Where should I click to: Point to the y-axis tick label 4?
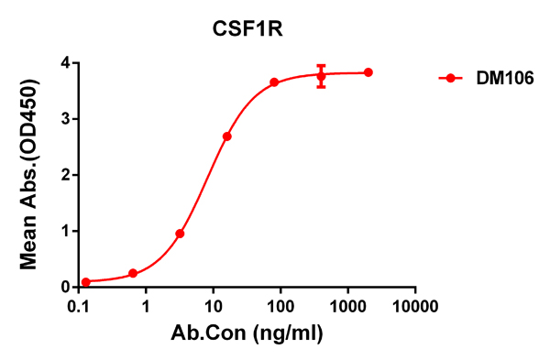(x=65, y=62)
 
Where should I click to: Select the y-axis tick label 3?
(x=65, y=118)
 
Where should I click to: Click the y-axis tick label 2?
(x=65, y=174)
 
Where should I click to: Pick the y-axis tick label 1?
(x=65, y=231)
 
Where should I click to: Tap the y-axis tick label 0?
(x=65, y=287)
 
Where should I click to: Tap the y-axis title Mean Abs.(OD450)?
(x=30, y=174)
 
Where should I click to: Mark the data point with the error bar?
(x=321, y=76)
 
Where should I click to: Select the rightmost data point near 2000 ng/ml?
(x=368, y=72)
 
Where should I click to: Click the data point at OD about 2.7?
(x=226, y=136)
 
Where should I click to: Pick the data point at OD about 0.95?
(x=180, y=234)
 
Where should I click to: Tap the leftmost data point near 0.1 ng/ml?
(x=86, y=282)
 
